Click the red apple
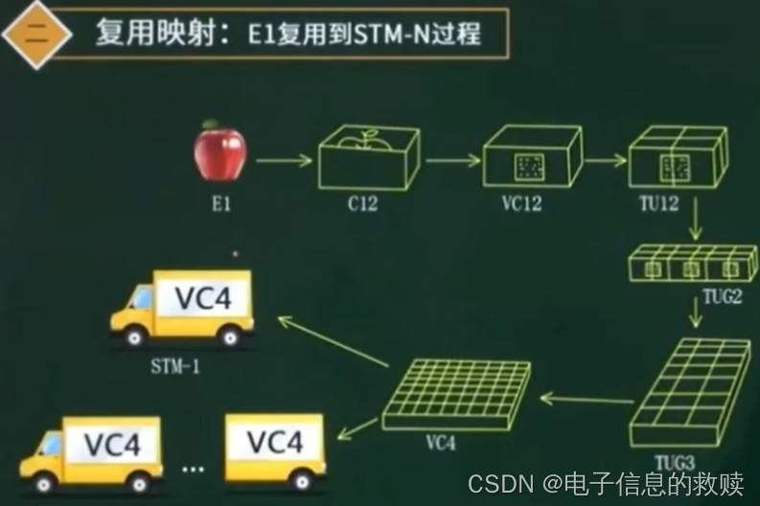pyautogui.click(x=220, y=153)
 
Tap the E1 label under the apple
pyautogui.click(x=221, y=204)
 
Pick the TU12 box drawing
pyautogui.click(x=676, y=157)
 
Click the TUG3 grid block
pyautogui.click(x=691, y=388)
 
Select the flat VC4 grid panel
pyautogui.click(x=457, y=393)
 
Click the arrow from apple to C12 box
pyautogui.click(x=282, y=161)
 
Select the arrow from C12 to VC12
pyautogui.click(x=451, y=159)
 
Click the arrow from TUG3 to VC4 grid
pyautogui.click(x=587, y=399)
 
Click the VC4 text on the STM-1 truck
pyautogui.click(x=203, y=298)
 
